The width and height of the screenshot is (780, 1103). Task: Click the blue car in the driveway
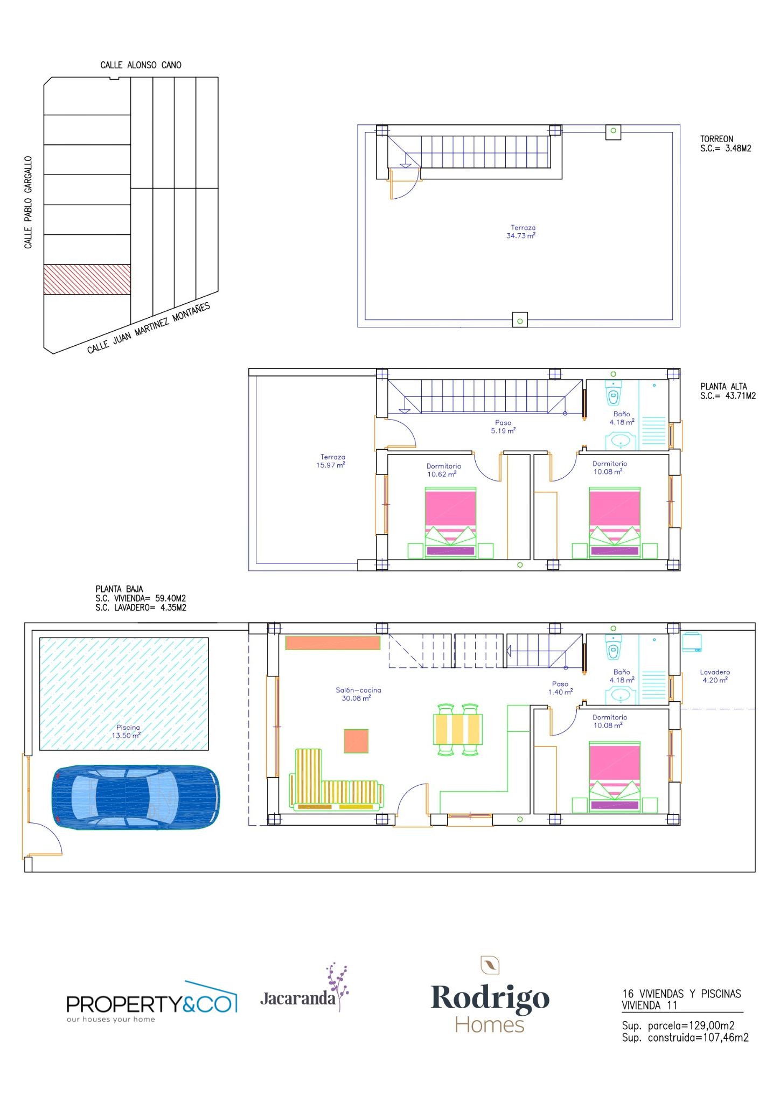click(x=136, y=797)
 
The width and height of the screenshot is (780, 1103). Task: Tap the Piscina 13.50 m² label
click(x=128, y=731)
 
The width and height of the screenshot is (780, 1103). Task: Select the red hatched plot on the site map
click(x=87, y=280)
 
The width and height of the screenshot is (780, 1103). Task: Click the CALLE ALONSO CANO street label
click(x=141, y=65)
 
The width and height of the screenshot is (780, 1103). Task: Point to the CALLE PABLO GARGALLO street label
click(x=28, y=203)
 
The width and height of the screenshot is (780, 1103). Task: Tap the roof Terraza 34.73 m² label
click(x=521, y=232)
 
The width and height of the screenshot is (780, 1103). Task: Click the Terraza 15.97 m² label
click(x=331, y=461)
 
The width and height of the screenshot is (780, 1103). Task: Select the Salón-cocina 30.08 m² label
click(x=358, y=694)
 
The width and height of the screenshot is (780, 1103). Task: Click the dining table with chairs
click(x=458, y=729)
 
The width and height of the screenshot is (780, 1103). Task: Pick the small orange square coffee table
click(x=356, y=741)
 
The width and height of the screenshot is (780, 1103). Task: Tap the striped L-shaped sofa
click(x=336, y=780)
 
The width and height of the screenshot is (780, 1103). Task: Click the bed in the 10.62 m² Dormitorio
click(x=451, y=522)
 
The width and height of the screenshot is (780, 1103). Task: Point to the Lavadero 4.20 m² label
click(x=715, y=676)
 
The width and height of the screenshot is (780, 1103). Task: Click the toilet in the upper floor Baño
click(x=614, y=393)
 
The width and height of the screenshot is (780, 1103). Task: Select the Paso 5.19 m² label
click(x=503, y=427)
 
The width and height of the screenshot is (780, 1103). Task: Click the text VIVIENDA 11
click(x=649, y=1006)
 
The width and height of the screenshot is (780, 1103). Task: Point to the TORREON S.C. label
click(x=726, y=144)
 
